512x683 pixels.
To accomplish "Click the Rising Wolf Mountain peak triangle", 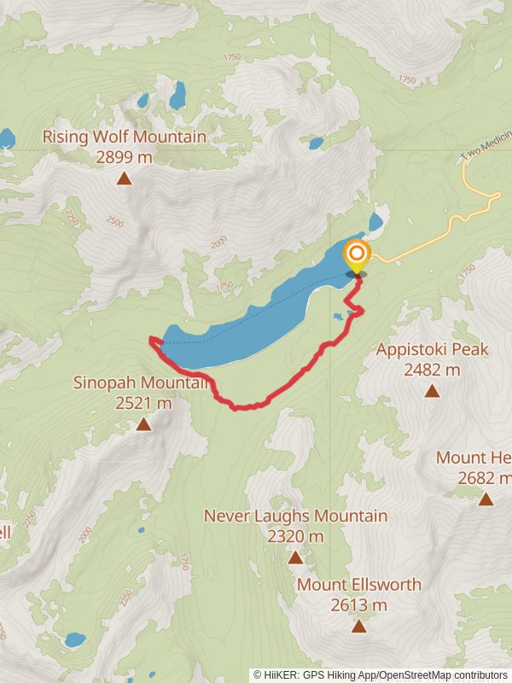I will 125,178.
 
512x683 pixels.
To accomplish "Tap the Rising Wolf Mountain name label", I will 125,137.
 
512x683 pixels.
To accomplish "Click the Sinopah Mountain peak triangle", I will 143,424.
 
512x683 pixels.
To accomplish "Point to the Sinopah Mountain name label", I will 142,382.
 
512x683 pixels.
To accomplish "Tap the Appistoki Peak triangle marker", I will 432,391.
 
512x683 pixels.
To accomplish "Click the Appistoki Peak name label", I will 433,349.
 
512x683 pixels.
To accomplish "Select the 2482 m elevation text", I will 432,370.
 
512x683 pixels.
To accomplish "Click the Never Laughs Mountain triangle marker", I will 295,557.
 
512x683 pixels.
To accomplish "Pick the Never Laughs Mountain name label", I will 295,516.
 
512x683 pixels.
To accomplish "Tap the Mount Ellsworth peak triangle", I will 359,627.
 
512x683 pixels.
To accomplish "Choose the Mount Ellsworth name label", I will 359,585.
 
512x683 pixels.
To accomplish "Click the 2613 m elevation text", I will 359,605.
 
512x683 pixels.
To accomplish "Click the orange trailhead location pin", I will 356,255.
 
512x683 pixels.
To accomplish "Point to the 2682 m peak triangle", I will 486,499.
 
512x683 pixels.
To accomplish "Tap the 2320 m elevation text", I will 295,537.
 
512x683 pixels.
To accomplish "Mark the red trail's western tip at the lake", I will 152,340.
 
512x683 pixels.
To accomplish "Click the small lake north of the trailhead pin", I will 376,223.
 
